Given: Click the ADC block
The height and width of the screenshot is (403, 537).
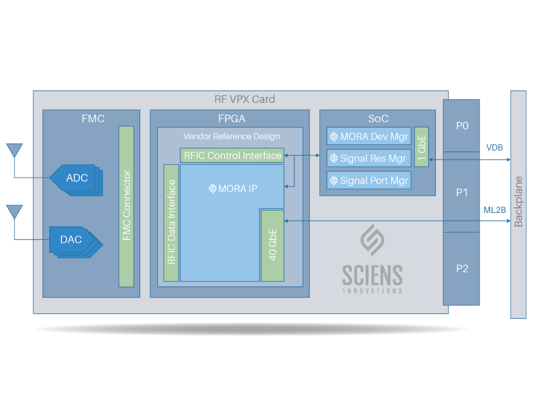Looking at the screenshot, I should click(x=76, y=178).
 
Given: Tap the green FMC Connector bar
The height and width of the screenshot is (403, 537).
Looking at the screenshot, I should click(x=126, y=206).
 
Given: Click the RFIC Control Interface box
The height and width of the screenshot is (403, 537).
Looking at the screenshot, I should click(x=232, y=155).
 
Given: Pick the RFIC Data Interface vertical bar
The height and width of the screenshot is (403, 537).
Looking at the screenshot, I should click(x=171, y=222).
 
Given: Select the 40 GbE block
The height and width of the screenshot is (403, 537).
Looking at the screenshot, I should click(x=272, y=245).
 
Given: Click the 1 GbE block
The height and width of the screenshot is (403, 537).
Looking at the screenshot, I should click(x=422, y=147).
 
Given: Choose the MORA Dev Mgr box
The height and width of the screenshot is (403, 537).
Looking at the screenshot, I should click(x=369, y=136).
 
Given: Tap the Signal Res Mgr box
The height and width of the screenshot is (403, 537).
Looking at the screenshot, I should click(x=369, y=158).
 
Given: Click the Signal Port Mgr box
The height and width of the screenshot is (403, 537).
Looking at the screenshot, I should click(x=369, y=181).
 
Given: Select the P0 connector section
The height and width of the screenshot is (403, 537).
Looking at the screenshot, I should click(x=461, y=126).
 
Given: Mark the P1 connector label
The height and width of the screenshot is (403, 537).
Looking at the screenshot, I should click(x=461, y=193).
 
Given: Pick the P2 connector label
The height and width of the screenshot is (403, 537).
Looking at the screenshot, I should click(x=461, y=269).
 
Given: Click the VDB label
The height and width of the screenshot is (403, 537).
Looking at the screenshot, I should click(x=494, y=148).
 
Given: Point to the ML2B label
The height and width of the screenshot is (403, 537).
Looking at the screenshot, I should click(x=494, y=210).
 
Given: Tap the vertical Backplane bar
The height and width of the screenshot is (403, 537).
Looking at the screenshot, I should click(x=518, y=205).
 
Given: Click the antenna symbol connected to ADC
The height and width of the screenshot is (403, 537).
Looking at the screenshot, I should click(x=14, y=151).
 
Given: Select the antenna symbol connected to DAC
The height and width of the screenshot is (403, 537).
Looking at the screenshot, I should click(x=14, y=213).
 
